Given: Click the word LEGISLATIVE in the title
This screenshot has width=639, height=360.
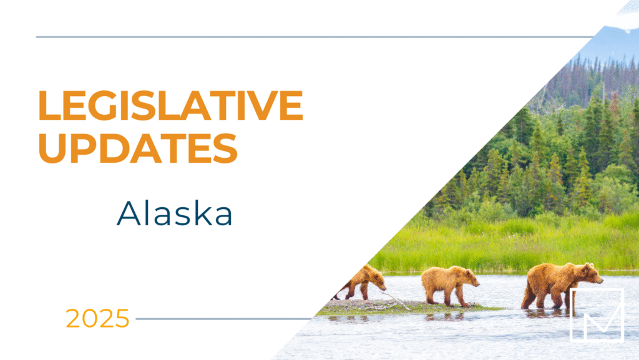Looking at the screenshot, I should (x=170, y=105).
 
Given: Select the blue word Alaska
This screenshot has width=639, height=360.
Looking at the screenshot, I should (x=175, y=214).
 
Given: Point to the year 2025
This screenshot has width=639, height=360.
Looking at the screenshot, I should (x=98, y=318).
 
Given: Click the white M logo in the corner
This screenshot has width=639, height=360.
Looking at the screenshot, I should (x=597, y=314).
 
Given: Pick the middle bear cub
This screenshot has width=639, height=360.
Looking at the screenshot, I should (x=448, y=284).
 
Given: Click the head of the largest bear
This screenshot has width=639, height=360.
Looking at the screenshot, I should (x=589, y=275).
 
